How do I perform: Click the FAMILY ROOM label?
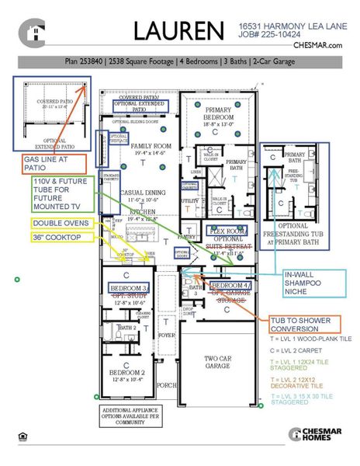149,150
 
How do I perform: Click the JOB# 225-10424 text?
270,35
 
